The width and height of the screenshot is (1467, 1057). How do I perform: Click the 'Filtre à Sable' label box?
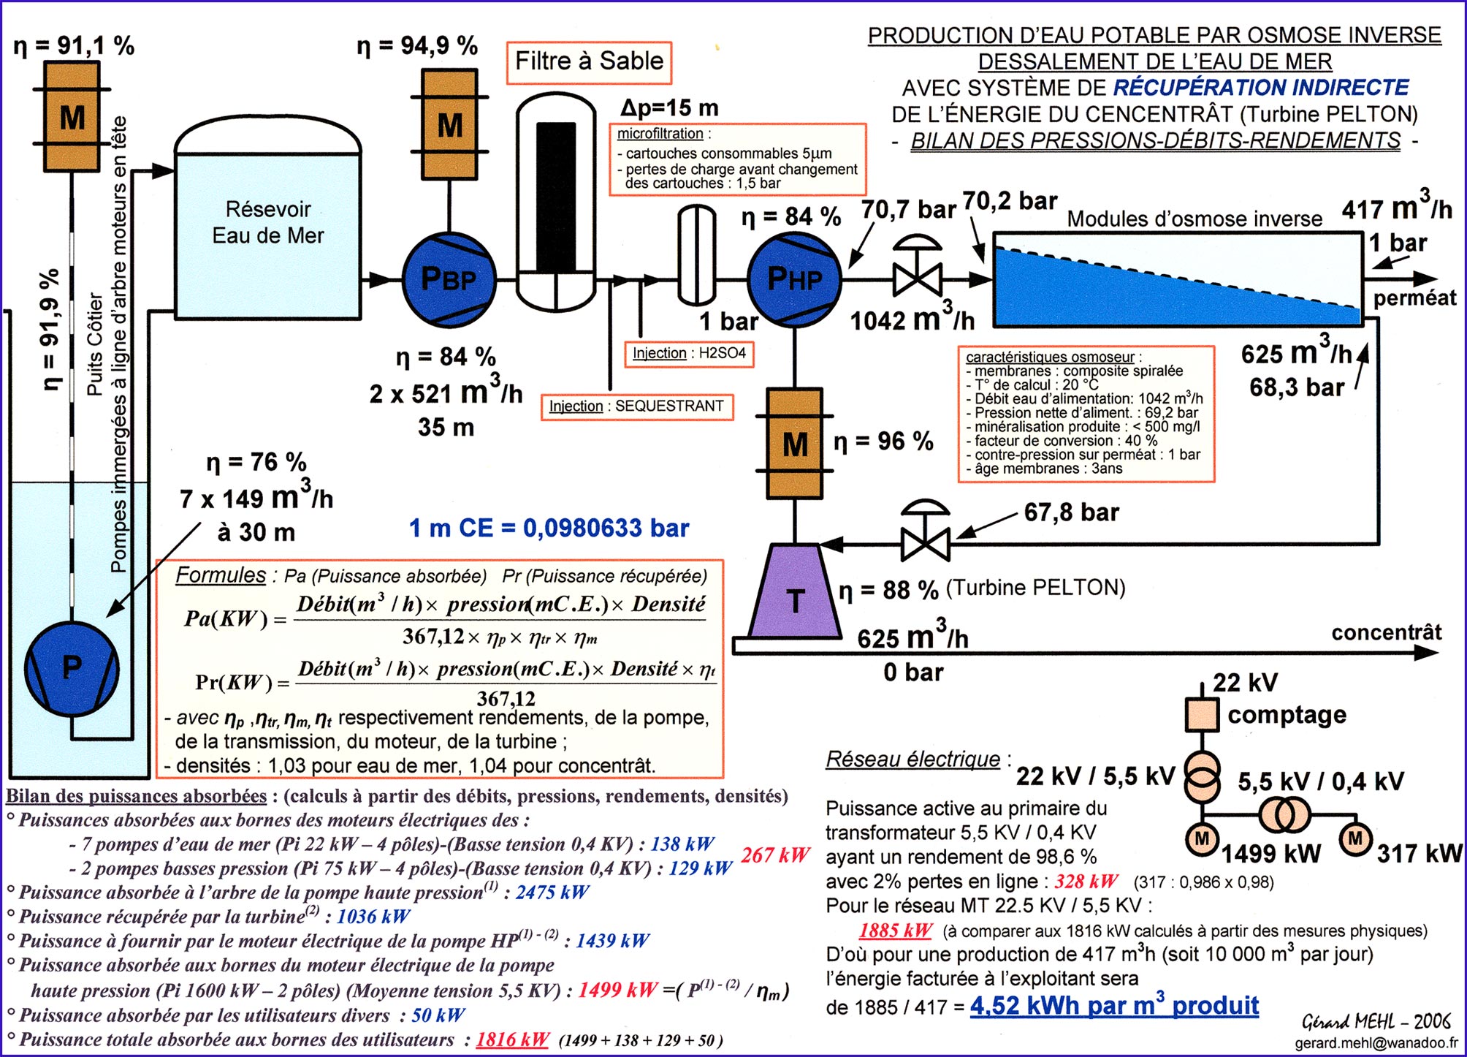589,62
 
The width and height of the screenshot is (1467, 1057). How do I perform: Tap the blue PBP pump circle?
449,279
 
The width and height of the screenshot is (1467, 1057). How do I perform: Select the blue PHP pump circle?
794,279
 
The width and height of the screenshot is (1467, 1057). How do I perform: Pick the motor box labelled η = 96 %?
795,443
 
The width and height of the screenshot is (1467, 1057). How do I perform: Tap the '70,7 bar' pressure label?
907,211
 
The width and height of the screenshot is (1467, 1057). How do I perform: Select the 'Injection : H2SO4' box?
689,353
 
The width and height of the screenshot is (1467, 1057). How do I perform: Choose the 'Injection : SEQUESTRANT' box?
636,406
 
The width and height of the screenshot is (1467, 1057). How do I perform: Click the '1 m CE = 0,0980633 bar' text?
549,528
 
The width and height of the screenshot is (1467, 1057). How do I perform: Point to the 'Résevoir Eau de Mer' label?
267,222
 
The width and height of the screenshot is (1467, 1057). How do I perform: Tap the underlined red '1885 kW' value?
895,931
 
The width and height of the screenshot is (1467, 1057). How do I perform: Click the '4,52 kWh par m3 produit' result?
1113,1005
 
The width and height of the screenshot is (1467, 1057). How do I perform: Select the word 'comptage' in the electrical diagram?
1287,714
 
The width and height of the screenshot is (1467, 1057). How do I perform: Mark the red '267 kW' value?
774,855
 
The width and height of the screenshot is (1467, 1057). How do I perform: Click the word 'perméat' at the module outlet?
1414,298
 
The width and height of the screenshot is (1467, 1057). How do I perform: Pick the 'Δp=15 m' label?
669,108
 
